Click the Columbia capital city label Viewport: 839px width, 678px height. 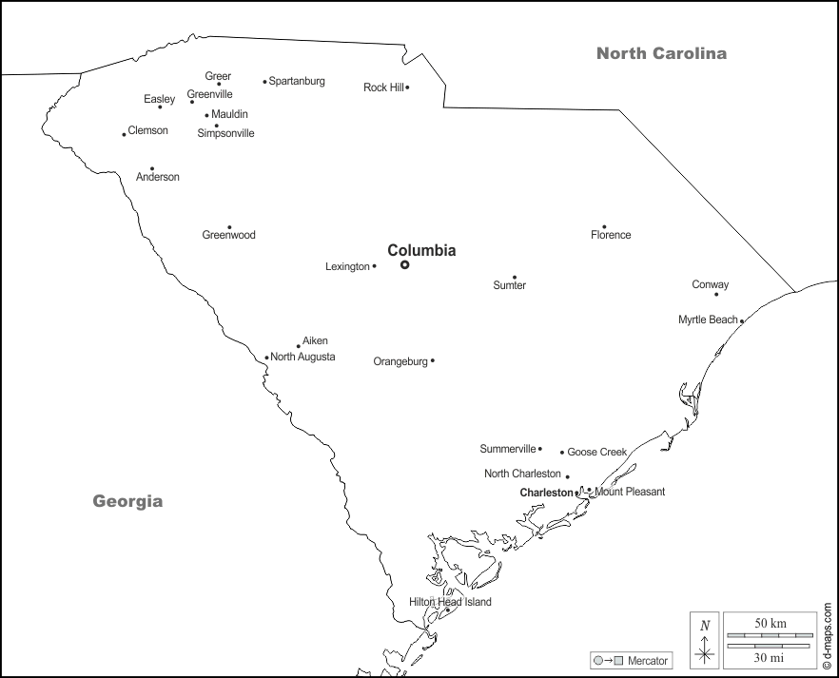coord(421,251)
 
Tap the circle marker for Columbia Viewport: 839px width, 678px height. coord(404,265)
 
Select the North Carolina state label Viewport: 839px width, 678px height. coord(661,53)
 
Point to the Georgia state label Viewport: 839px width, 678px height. coord(127,501)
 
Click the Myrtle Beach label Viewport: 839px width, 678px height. coord(708,320)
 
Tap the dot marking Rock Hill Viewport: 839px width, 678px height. coord(407,87)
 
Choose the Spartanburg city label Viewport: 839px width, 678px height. coord(297,81)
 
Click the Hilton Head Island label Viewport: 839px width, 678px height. coord(450,602)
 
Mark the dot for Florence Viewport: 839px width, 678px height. coord(604,227)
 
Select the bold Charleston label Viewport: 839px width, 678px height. coord(546,493)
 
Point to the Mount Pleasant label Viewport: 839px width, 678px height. coord(630,492)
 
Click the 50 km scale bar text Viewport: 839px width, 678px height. coord(771,623)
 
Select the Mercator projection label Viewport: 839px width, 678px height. coord(648,661)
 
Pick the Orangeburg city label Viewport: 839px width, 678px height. coord(400,361)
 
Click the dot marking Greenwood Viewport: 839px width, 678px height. coord(229,227)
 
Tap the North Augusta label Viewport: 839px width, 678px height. coord(302,357)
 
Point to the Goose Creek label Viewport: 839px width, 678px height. coord(596,452)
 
